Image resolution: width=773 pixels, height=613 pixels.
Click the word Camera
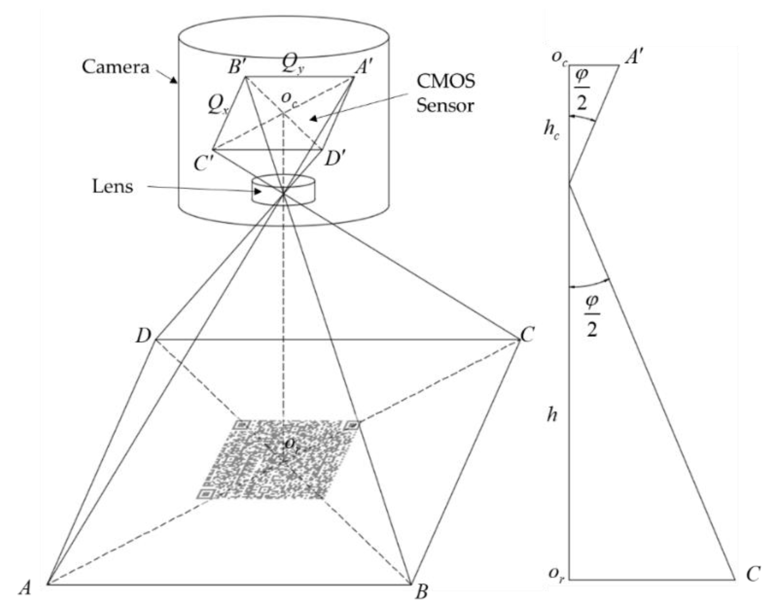pos(115,67)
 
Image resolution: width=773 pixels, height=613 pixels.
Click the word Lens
pos(112,187)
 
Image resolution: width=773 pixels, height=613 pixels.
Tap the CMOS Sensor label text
pos(445,94)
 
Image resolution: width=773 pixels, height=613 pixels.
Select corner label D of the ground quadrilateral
pos(143,336)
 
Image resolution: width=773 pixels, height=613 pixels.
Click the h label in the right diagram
pos(552,415)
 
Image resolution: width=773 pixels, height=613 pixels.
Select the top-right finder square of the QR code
pos(352,425)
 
